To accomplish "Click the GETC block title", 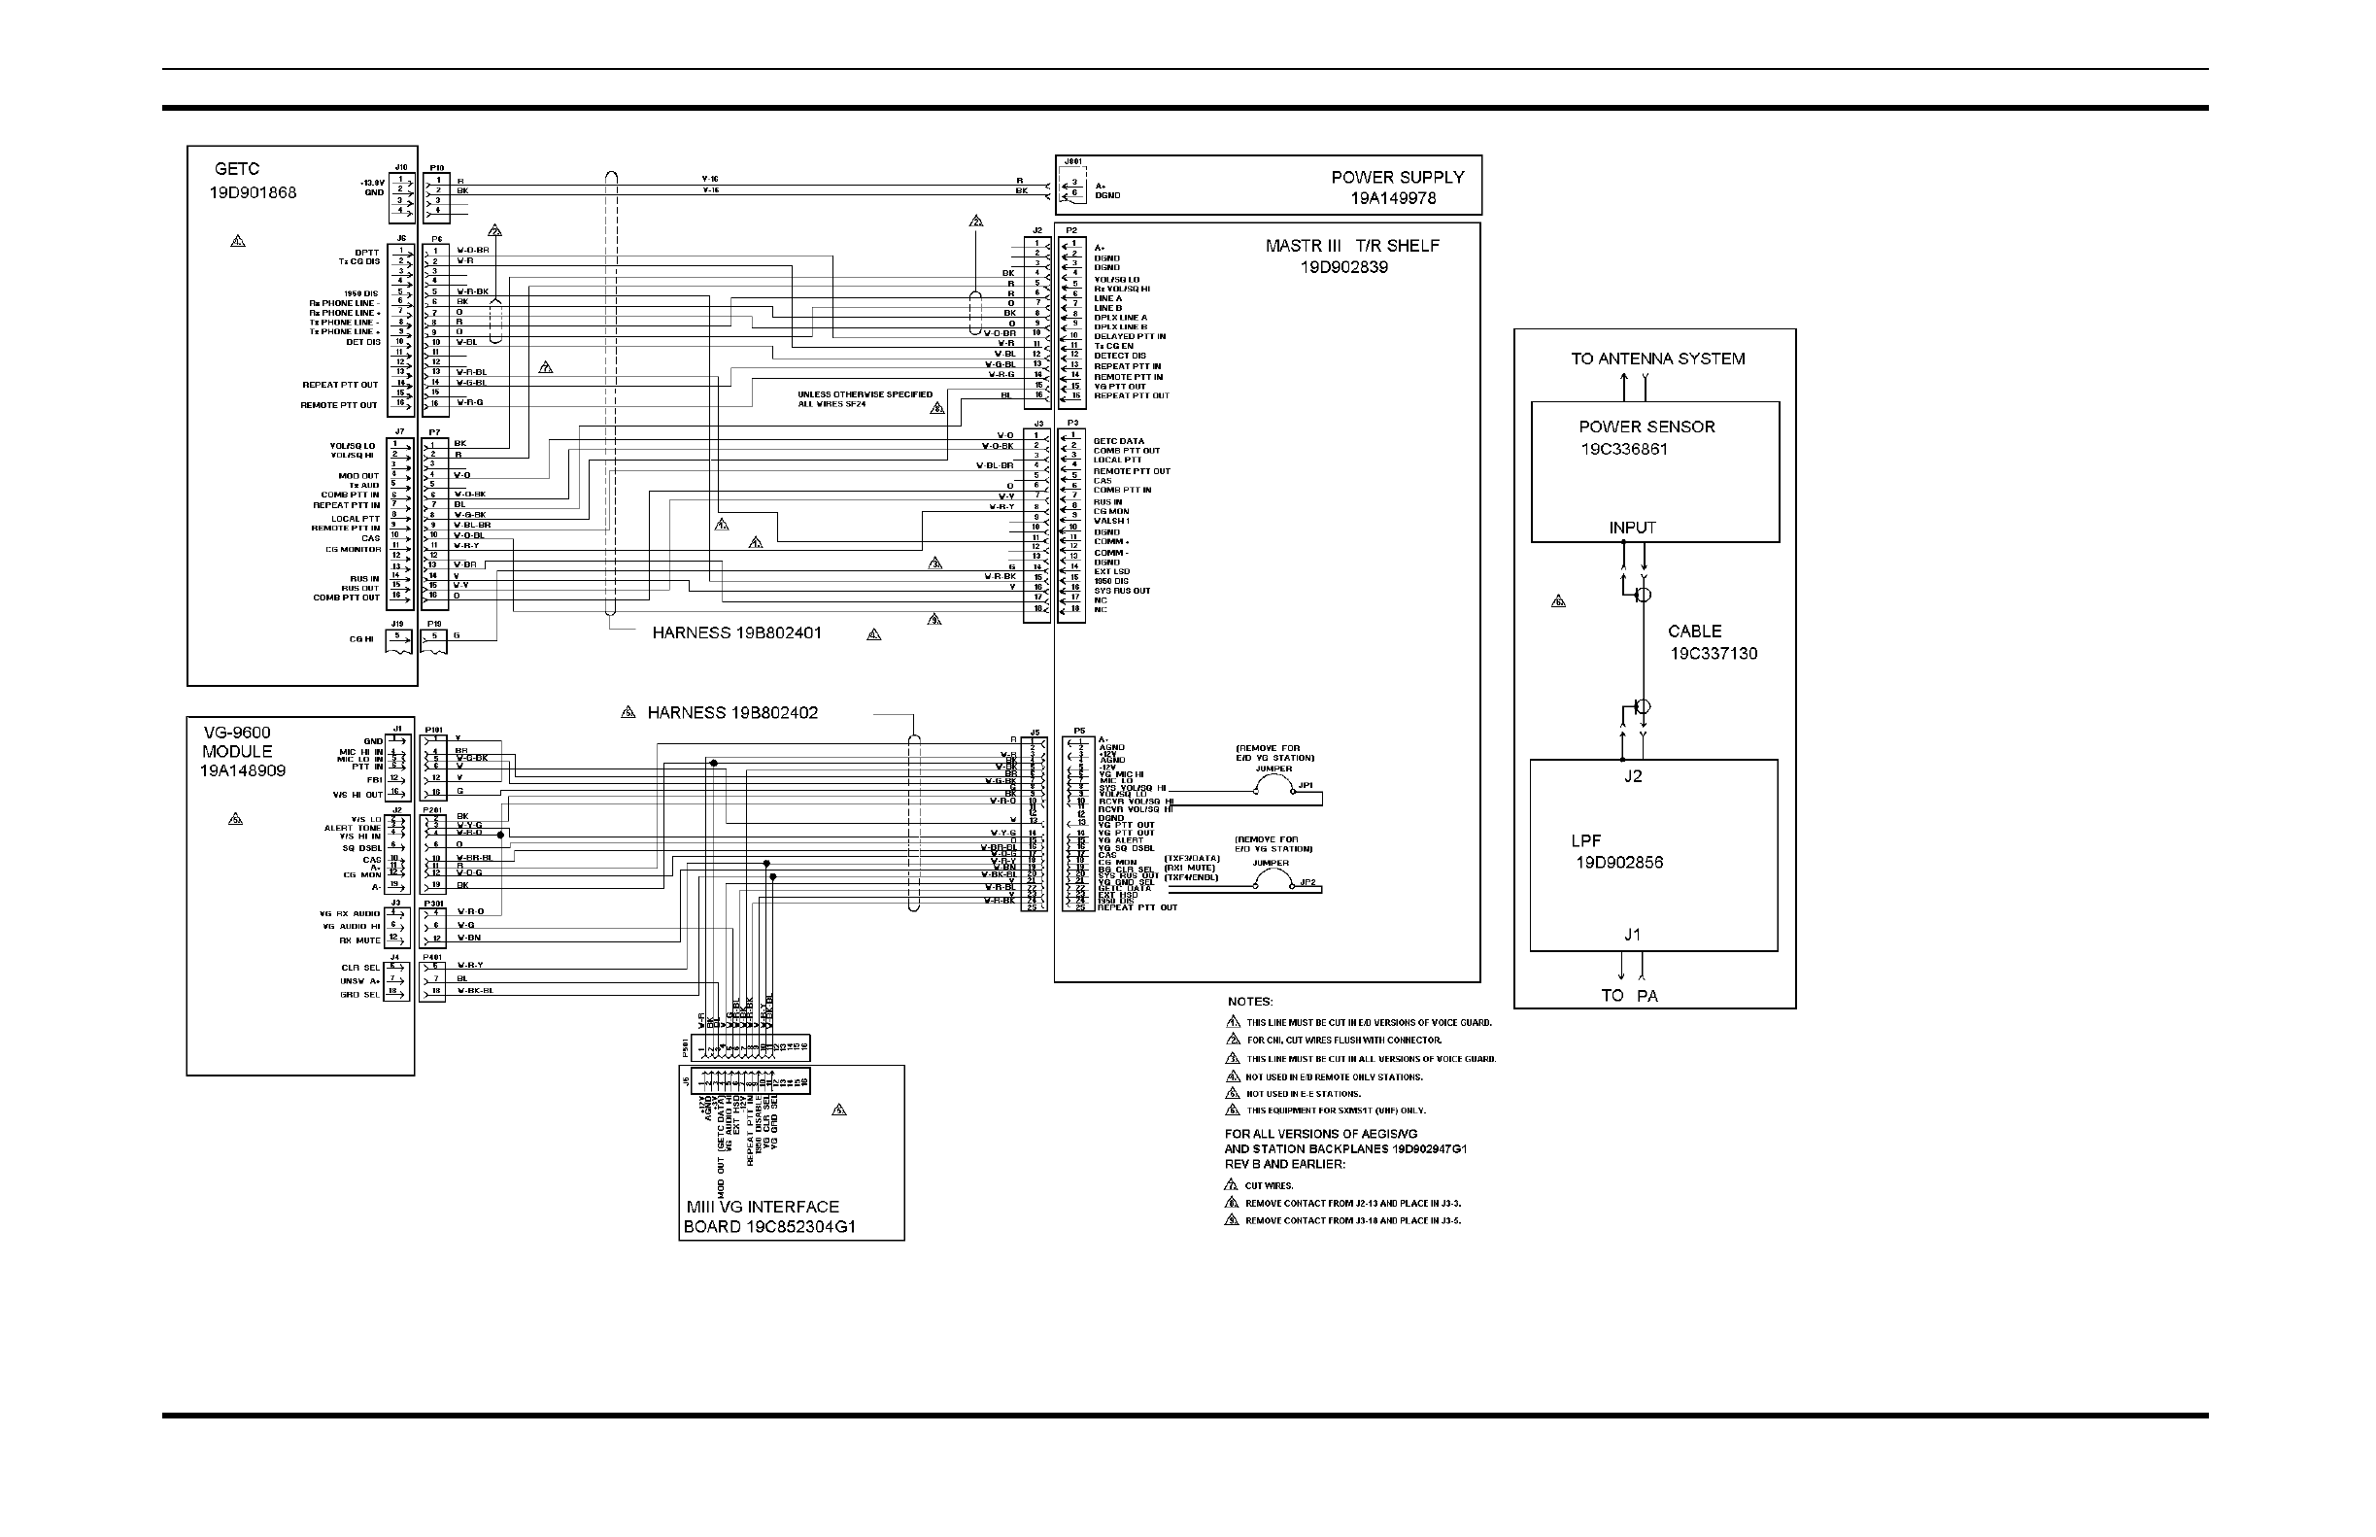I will [236, 170].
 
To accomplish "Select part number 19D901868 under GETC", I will [253, 192].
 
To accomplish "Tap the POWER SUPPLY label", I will [1397, 177].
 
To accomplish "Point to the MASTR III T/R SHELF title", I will [1352, 246].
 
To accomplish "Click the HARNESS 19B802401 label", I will [736, 632].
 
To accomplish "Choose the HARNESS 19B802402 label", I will [732, 712].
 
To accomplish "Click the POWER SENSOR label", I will [1646, 427].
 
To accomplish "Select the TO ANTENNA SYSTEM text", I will [1657, 359].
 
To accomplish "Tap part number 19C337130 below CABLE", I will [1714, 654].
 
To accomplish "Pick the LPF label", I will [1585, 840].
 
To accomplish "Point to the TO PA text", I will [1630, 995].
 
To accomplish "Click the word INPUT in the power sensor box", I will [1633, 527].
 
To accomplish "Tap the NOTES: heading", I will [1249, 1001].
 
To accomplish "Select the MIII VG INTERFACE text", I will [763, 1207].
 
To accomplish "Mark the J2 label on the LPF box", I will [1633, 775].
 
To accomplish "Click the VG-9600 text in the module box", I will [236, 733].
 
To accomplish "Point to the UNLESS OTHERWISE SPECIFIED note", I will [865, 394].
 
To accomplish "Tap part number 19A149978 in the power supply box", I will [1393, 197].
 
